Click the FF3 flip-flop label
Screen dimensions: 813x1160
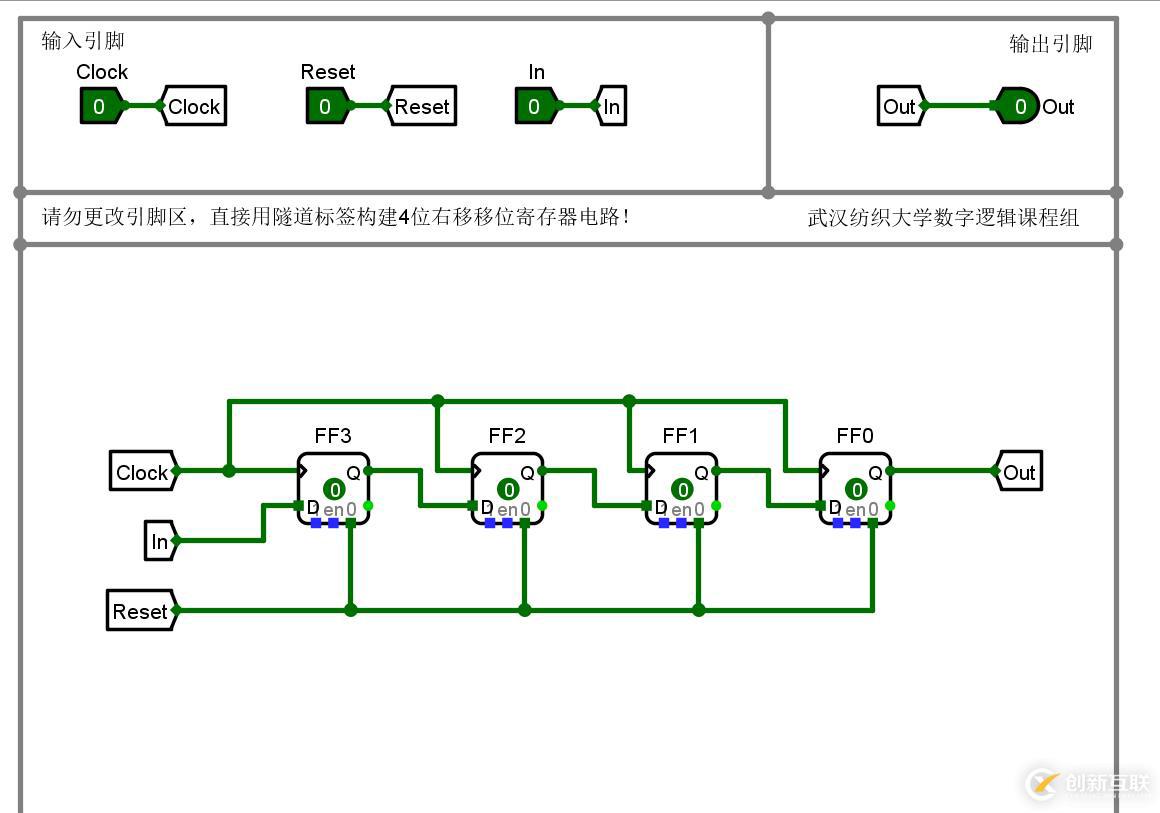[333, 436]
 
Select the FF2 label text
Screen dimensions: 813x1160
[507, 436]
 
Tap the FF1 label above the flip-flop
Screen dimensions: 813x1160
[681, 436]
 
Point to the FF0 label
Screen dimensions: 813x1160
[855, 436]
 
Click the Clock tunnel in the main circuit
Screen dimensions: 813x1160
[143, 472]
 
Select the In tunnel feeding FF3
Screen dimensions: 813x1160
[160, 542]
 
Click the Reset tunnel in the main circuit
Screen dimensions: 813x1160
[141, 611]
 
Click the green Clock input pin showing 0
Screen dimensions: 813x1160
[100, 106]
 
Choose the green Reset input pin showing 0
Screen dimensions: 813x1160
[326, 106]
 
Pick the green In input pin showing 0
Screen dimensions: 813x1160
[535, 106]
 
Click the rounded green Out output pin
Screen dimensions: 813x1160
[1018, 106]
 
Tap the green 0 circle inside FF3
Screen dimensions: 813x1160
[335, 489]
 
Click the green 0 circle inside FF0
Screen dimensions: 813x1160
[857, 489]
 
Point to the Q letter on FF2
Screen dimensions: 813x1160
[527, 473]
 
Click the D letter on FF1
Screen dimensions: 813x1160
[661, 508]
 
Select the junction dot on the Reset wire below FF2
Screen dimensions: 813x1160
[524, 610]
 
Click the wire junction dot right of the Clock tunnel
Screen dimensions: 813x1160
[229, 470]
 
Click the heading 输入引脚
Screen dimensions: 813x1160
[83, 41]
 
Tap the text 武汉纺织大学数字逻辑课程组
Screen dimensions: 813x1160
[943, 218]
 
